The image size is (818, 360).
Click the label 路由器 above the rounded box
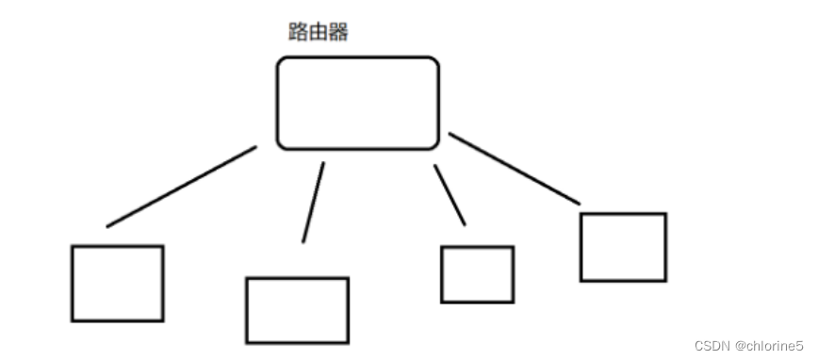pyautogui.click(x=318, y=33)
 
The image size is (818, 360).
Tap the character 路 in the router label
pyautogui.click(x=297, y=33)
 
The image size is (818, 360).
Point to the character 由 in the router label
pyautogui.click(x=318, y=33)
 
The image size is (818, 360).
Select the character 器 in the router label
pyautogui.click(x=338, y=33)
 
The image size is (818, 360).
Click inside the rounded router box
pyautogui.click(x=358, y=103)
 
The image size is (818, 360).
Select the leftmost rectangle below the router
pyautogui.click(x=118, y=284)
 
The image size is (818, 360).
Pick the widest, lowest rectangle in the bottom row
pyautogui.click(x=297, y=310)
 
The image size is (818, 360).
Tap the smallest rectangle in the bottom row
pyautogui.click(x=477, y=274)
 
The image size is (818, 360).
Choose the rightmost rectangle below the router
pyautogui.click(x=623, y=247)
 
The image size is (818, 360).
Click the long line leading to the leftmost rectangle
pyautogui.click(x=181, y=187)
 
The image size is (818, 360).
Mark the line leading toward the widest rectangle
pyautogui.click(x=313, y=202)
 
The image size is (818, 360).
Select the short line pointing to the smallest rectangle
pyautogui.click(x=450, y=195)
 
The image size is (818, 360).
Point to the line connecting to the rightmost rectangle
pyautogui.click(x=514, y=168)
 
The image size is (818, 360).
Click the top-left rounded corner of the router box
pyautogui.click(x=281, y=62)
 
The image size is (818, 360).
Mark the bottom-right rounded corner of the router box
pyautogui.click(x=434, y=144)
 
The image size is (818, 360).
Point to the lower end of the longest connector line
pyautogui.click(x=108, y=226)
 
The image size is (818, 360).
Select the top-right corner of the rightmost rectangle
pyautogui.click(x=665, y=215)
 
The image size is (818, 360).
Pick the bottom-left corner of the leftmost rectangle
pyautogui.click(x=73, y=320)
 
